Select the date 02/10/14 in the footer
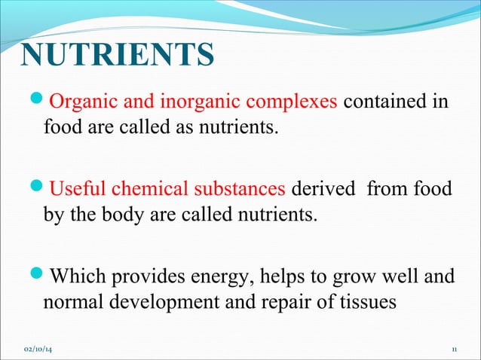tap(43, 350)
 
